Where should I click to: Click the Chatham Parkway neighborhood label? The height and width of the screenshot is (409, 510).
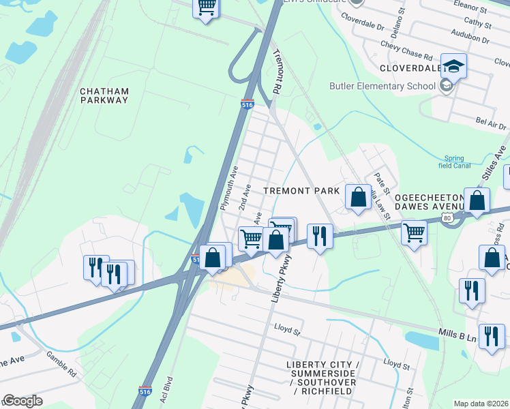pyautogui.click(x=104, y=95)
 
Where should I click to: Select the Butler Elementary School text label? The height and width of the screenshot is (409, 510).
pyautogui.click(x=382, y=86)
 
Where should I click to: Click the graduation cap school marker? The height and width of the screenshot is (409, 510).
pyautogui.click(x=453, y=66)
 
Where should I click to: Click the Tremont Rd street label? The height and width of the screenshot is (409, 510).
pyautogui.click(x=278, y=72)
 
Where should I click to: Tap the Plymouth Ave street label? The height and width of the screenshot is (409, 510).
pyautogui.click(x=228, y=187)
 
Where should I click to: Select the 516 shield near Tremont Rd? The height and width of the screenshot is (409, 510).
pyautogui.click(x=247, y=105)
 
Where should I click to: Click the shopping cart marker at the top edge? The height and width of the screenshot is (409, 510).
pyautogui.click(x=207, y=9)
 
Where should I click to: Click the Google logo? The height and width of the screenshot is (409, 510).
pyautogui.click(x=22, y=401)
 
